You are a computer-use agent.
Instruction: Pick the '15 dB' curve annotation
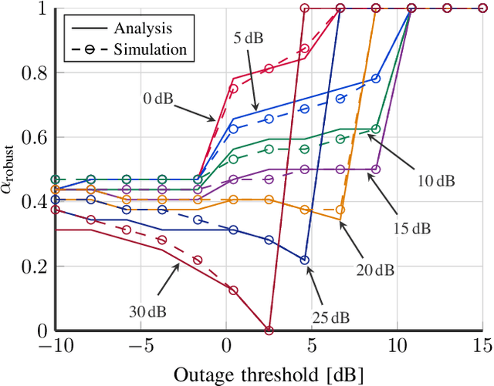[411, 229]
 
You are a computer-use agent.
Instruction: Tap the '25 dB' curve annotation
[331, 317]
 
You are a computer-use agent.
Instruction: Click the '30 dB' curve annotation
[147, 311]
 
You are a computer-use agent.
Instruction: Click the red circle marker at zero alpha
[269, 331]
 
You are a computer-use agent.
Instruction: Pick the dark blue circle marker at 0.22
[304, 260]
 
